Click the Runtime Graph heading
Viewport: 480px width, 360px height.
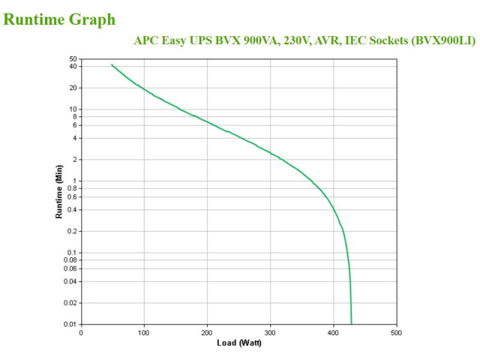pos(59,19)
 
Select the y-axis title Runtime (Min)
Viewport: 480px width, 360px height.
pos(58,192)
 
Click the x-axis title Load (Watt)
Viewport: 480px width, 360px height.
pos(239,343)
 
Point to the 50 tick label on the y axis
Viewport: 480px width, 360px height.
pos(73,58)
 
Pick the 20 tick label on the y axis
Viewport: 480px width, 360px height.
pos(73,88)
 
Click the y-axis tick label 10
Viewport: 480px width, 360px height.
pos(73,109)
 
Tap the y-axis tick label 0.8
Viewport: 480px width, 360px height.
pos(72,188)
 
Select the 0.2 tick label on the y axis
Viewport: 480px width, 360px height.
pos(72,231)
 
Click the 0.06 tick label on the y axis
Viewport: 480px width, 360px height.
pos(70,268)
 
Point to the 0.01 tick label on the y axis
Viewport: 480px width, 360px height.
pos(70,324)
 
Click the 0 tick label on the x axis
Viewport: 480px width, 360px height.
pos(81,333)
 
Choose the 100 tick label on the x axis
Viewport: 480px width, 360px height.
pos(143,333)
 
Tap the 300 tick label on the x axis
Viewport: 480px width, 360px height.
pos(270,333)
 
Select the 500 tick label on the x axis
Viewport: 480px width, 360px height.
pos(396,333)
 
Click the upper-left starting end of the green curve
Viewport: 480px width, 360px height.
pos(112,64)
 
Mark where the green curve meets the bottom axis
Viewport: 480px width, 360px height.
pos(352,324)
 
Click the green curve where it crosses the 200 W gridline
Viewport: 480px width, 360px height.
pos(207,121)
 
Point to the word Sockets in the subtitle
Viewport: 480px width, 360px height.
pos(388,40)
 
